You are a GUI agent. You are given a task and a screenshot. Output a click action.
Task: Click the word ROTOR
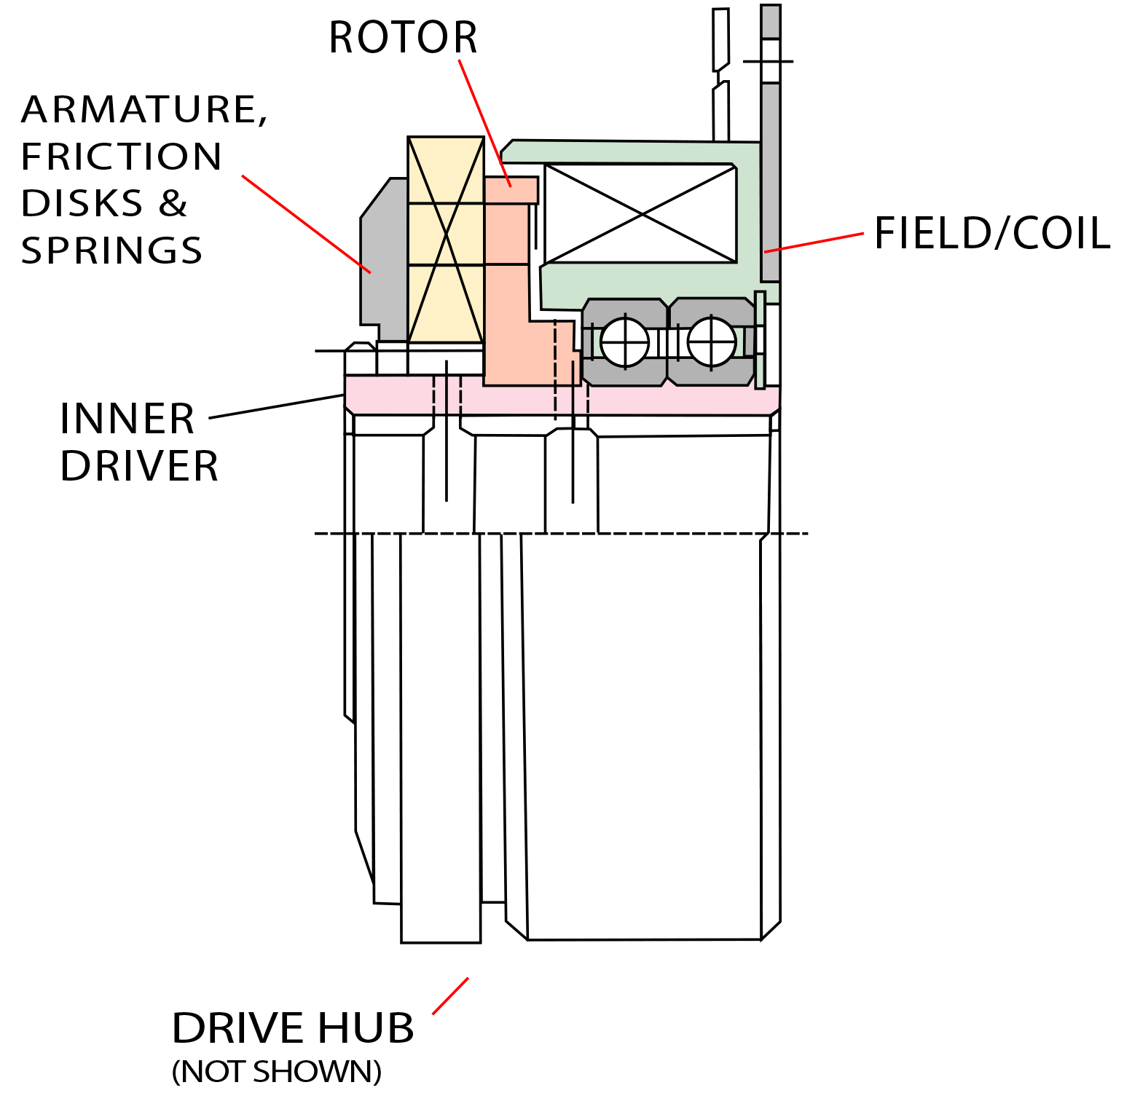click(x=403, y=38)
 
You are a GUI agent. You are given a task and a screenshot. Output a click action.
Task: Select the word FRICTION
click(x=121, y=157)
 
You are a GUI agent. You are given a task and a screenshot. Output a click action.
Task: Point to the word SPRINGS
click(x=111, y=250)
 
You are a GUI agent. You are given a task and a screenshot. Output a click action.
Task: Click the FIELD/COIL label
click(x=991, y=234)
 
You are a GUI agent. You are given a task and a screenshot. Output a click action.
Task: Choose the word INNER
click(x=127, y=419)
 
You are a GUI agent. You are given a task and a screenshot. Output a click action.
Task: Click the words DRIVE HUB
click(x=293, y=1028)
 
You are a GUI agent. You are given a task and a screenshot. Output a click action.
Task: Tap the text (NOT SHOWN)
click(x=277, y=1072)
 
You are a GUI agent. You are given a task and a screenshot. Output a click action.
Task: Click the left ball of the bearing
click(x=624, y=342)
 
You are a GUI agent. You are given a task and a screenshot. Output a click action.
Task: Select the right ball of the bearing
click(x=712, y=342)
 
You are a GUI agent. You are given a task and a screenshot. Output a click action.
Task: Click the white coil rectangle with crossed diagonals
click(x=640, y=213)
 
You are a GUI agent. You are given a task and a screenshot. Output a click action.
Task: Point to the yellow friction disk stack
click(x=446, y=240)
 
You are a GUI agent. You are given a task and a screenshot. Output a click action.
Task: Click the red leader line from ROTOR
click(x=484, y=123)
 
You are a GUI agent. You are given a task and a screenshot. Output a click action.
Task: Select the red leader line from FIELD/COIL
click(x=814, y=242)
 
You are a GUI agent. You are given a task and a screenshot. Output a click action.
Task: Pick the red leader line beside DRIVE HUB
click(x=450, y=995)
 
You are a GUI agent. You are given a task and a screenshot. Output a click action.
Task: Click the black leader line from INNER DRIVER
click(x=276, y=406)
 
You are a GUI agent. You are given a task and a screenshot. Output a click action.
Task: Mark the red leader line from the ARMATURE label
click(x=306, y=224)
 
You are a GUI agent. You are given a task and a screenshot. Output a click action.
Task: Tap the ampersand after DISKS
click(x=173, y=204)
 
